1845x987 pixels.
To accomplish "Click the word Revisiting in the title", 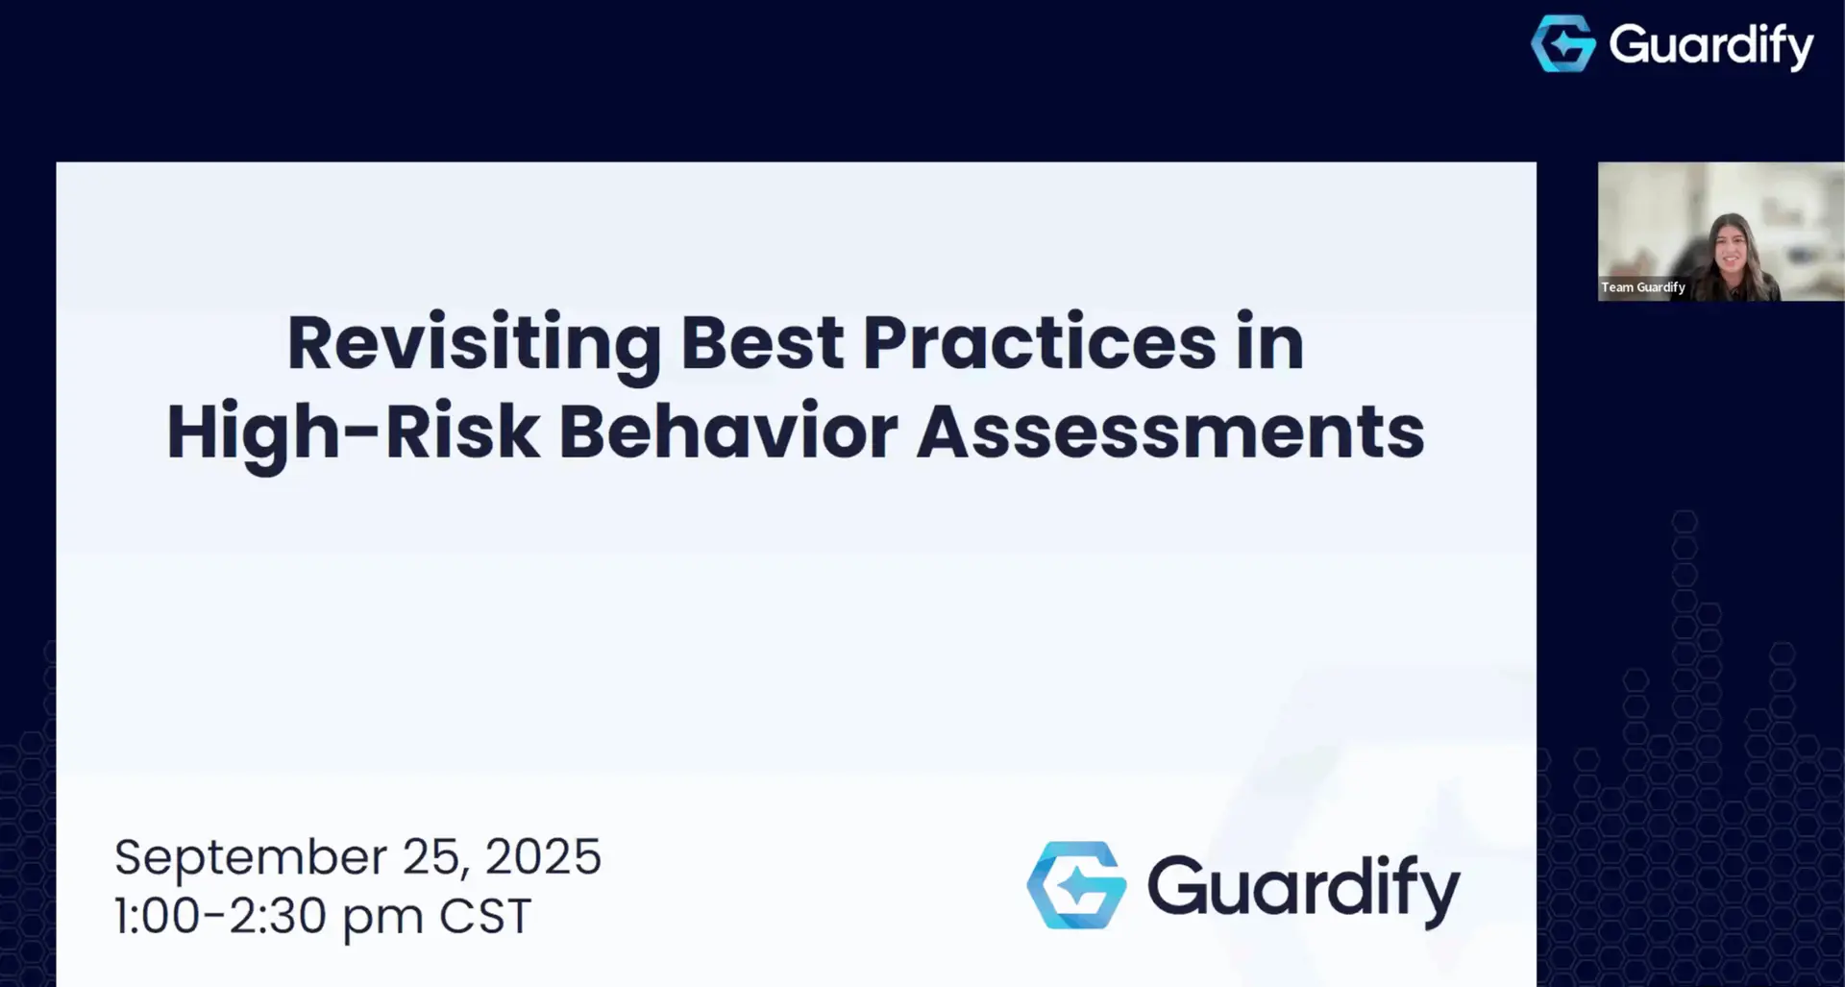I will (474, 344).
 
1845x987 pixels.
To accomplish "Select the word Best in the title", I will (762, 342).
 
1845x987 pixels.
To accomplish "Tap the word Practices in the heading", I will (1039, 342).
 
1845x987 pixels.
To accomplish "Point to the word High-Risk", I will (352, 432).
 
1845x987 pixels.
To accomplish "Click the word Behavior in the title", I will (727, 432).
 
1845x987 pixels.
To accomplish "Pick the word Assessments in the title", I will (1169, 432).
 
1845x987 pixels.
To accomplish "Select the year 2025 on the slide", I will (543, 856).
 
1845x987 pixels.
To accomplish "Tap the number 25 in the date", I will (433, 856).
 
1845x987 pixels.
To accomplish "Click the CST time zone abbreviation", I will (485, 916).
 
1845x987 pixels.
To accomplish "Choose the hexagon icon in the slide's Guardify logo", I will (1076, 885).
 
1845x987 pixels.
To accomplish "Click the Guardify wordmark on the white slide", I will (1303, 888).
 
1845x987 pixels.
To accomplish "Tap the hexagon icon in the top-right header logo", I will (1562, 43).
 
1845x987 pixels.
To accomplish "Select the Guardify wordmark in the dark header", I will (1710, 45).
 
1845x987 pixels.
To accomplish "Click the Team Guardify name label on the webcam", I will (1642, 287).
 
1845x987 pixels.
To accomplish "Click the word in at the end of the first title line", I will (1269, 342).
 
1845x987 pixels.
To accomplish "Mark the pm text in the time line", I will (382, 918).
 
